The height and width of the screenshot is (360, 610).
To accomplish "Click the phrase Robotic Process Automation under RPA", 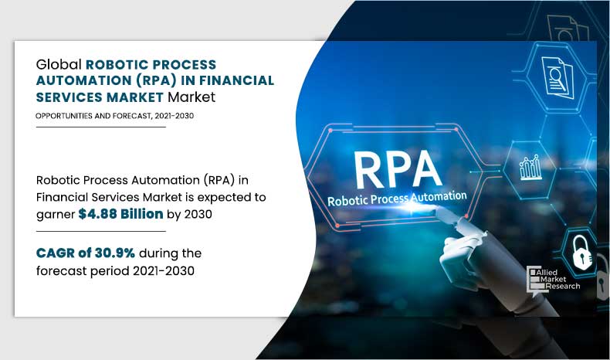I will coord(398,199).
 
